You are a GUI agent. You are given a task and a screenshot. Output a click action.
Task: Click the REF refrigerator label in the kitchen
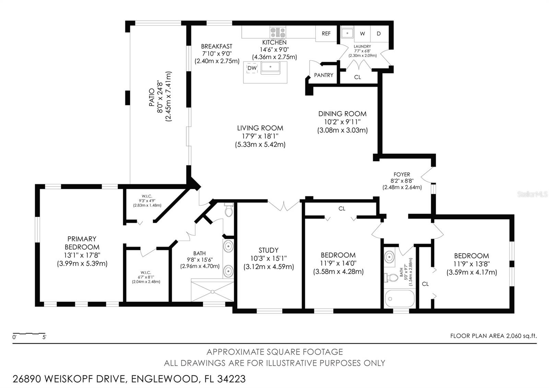click(326, 33)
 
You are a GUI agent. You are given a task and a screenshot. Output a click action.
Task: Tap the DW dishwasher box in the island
click(252, 68)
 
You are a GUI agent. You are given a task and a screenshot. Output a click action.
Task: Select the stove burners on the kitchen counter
click(278, 33)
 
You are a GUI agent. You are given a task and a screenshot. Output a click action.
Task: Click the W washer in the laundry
click(362, 33)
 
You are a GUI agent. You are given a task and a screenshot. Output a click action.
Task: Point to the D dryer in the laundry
click(379, 33)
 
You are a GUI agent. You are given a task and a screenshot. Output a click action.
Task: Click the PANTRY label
click(324, 75)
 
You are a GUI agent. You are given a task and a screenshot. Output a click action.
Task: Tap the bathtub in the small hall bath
click(400, 298)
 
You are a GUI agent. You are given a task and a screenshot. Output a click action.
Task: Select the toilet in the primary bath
click(229, 210)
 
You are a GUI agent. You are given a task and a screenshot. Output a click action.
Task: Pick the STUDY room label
click(268, 250)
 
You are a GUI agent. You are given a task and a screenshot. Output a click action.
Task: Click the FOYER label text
click(402, 174)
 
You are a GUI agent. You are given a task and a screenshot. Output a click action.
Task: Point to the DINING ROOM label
click(342, 114)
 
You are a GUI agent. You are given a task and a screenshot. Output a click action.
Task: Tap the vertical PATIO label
click(152, 97)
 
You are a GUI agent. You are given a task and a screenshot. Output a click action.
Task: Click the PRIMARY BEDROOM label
click(82, 243)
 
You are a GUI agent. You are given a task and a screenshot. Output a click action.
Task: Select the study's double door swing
click(284, 206)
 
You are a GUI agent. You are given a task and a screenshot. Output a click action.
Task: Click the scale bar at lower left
click(29, 334)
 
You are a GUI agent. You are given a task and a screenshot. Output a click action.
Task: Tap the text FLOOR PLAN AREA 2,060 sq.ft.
click(493, 336)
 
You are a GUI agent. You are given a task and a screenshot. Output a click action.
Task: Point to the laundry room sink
click(348, 33)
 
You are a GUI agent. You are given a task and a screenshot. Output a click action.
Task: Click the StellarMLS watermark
click(532, 194)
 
